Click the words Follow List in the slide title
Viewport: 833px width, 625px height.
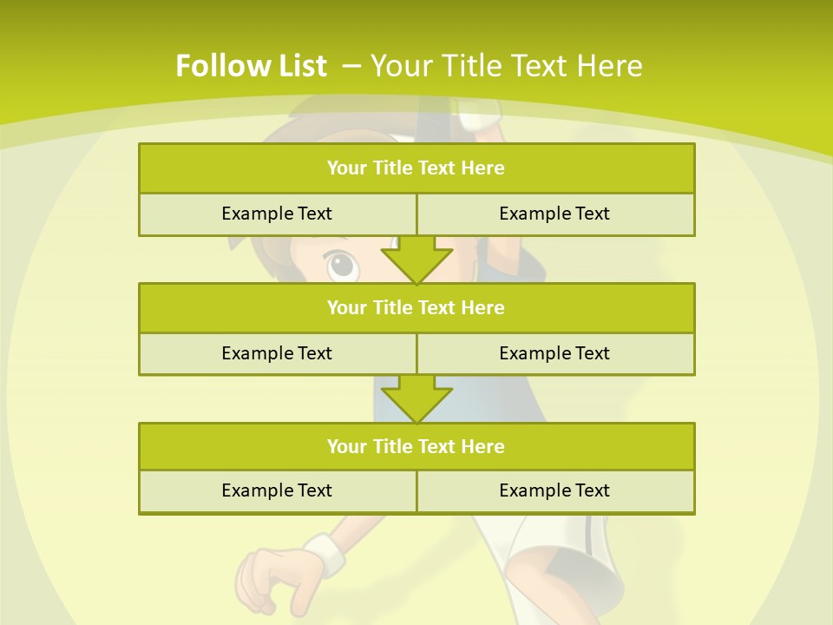coord(251,66)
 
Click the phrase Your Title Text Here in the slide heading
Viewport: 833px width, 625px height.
coord(507,66)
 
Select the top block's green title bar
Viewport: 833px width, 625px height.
coord(416,168)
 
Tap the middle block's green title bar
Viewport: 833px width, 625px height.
coord(416,307)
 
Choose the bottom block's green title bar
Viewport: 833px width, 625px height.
coord(416,446)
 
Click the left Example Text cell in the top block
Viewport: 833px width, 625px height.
coord(277,214)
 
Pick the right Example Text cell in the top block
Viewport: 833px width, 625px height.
coord(554,214)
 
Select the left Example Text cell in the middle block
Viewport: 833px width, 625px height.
coord(277,353)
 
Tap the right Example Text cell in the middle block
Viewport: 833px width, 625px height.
coord(554,353)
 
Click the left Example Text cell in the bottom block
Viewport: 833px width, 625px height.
coord(277,490)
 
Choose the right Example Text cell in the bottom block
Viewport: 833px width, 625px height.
coord(554,490)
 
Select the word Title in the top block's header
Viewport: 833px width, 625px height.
coord(391,168)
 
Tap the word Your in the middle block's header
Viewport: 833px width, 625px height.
coord(346,307)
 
